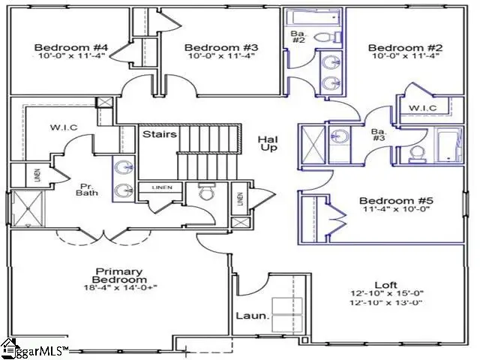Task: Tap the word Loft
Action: tap(385, 284)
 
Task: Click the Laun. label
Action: tap(252, 316)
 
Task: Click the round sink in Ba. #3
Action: tap(341, 138)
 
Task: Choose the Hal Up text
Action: tap(268, 144)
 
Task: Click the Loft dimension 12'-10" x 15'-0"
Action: tap(385, 294)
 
